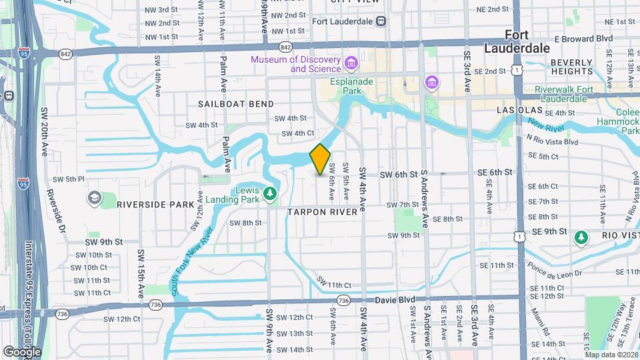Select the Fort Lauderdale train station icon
point(381,21)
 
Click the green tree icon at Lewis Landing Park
point(270,193)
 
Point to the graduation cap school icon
point(93,198)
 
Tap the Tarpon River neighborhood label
point(324,211)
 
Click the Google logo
point(22,351)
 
